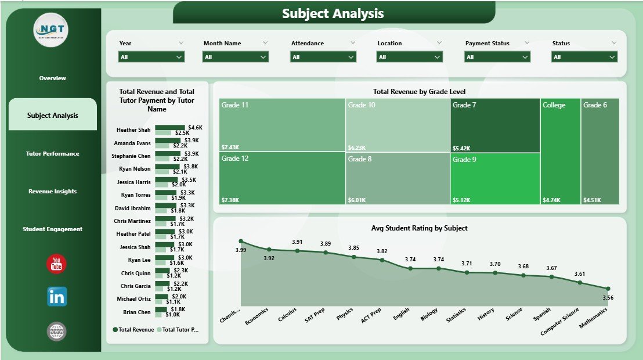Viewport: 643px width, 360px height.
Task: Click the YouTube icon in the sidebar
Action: pyautogui.click(x=56, y=264)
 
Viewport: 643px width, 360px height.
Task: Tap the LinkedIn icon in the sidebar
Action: pyautogui.click(x=56, y=296)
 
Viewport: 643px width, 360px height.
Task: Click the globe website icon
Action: pyautogui.click(x=56, y=332)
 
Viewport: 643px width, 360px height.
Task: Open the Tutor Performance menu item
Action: pyautogui.click(x=52, y=154)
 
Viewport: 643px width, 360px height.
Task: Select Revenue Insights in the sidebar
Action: pyautogui.click(x=52, y=192)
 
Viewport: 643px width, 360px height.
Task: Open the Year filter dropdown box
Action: pyautogui.click(x=151, y=57)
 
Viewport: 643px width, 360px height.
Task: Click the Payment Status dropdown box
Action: pyautogui.click(x=497, y=57)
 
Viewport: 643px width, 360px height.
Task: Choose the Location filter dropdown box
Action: pyautogui.click(x=410, y=57)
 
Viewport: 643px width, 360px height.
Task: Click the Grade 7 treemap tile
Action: pyautogui.click(x=494, y=125)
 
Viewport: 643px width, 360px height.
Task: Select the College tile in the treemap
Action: pyautogui.click(x=560, y=151)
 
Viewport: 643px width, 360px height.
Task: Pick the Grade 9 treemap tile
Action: pyautogui.click(x=494, y=178)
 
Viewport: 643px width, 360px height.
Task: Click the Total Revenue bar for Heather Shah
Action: pyautogui.click(x=170, y=127)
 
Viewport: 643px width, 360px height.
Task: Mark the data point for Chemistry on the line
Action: pyautogui.click(x=241, y=241)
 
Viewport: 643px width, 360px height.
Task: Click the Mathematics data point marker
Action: pyautogui.click(x=608, y=289)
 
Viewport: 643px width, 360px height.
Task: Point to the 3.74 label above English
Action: pyautogui.click(x=410, y=260)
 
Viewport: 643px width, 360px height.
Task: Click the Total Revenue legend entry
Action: pyautogui.click(x=132, y=330)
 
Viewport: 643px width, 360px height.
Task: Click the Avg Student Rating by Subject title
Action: pyautogui.click(x=419, y=228)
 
